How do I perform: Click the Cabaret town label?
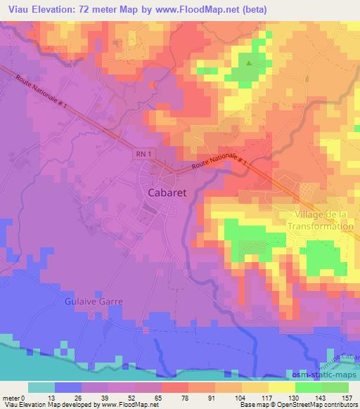(167, 191)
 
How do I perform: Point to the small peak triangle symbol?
(249, 63)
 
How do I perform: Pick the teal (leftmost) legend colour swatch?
(41, 387)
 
